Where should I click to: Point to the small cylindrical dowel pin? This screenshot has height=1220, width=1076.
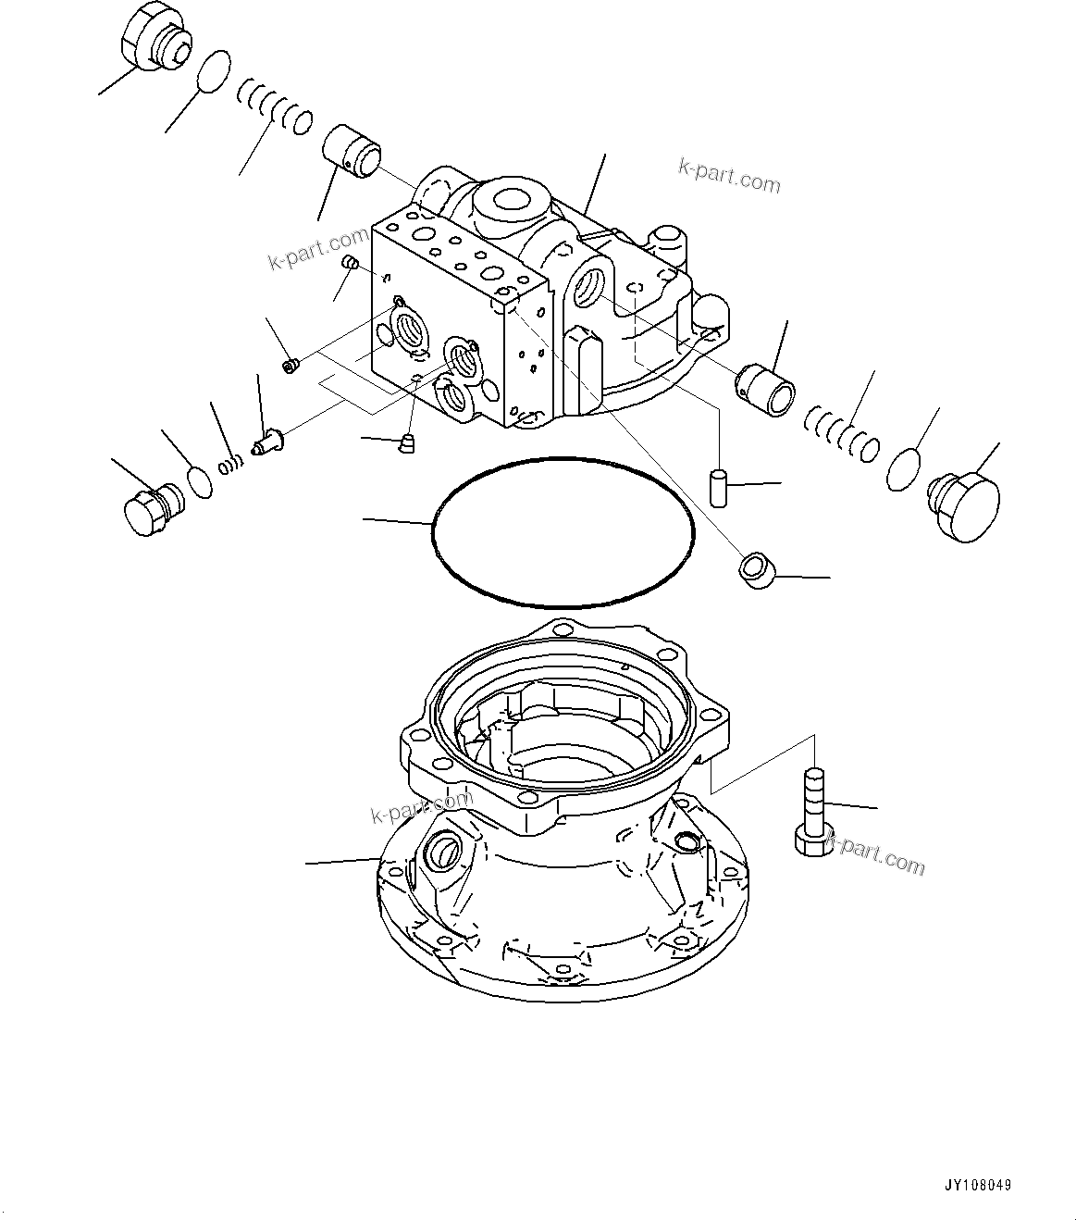tap(717, 487)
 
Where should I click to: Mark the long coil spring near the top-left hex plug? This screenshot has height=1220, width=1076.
tap(275, 106)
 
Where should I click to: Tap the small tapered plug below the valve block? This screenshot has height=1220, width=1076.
tap(405, 444)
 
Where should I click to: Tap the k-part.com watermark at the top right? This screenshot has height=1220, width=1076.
tap(730, 176)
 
